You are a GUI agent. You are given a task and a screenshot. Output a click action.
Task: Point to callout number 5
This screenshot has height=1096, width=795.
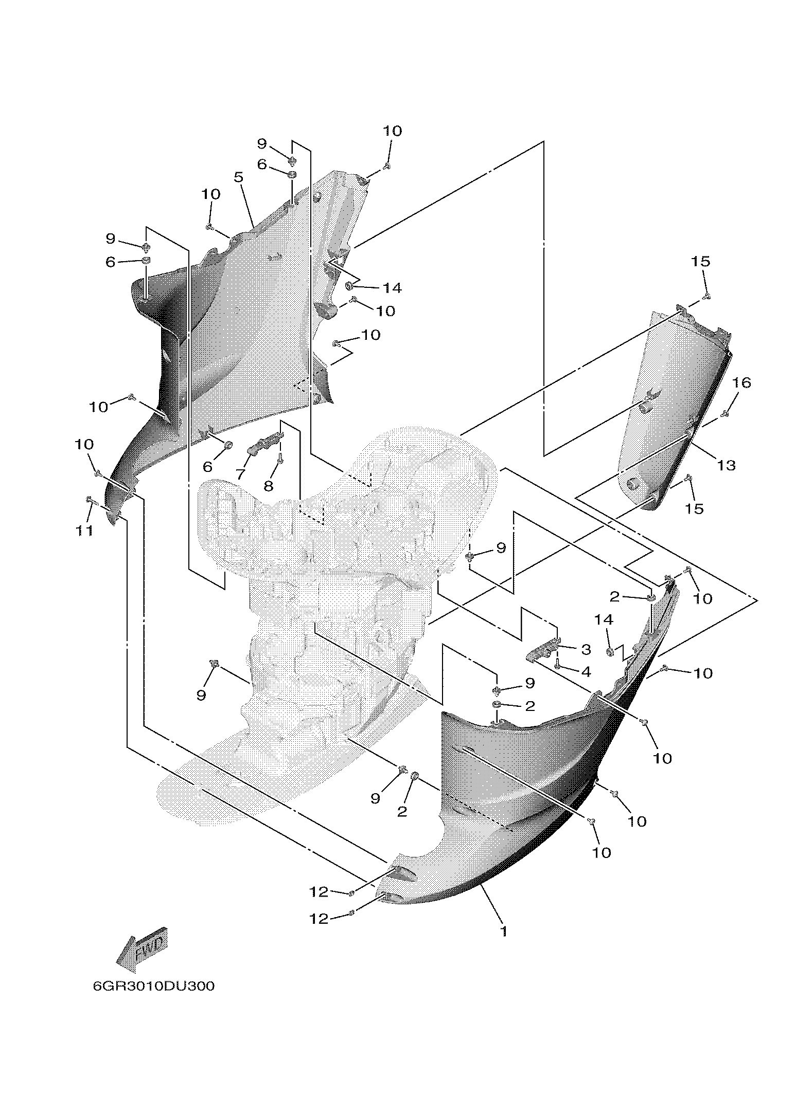238,177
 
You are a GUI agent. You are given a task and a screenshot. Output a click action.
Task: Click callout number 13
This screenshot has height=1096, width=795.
726,465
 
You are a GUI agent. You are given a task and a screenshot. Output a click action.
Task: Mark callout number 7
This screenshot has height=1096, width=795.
240,474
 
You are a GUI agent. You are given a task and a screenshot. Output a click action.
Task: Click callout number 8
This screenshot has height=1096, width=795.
268,485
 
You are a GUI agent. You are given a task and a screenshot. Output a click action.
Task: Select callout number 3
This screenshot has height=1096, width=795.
586,649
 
